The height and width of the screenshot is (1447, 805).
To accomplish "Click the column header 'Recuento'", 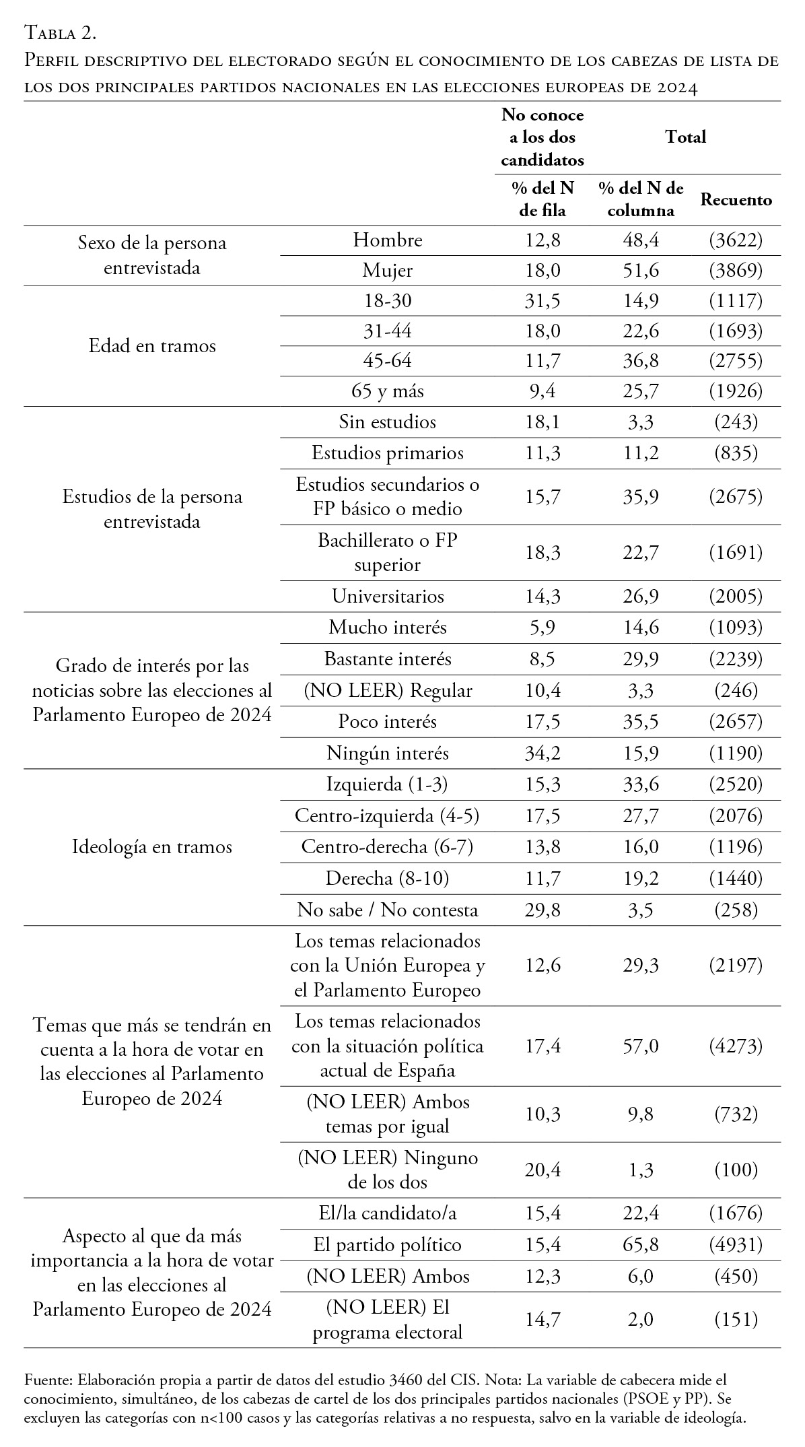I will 736,200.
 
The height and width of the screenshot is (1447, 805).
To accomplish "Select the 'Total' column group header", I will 685,137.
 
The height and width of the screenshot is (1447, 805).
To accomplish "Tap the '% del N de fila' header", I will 542,199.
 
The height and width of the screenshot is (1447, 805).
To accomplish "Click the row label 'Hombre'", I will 388,240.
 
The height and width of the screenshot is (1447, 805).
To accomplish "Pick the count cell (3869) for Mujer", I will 736,271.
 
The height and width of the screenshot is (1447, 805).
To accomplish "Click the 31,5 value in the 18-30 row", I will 542,301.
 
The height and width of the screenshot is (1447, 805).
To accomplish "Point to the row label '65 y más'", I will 388,391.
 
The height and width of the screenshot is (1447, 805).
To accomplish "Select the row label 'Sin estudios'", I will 388,422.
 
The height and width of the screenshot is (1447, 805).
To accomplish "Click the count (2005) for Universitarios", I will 736,597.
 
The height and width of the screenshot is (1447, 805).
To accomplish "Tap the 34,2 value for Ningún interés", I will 542,753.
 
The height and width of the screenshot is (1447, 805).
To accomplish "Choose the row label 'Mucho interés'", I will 388,628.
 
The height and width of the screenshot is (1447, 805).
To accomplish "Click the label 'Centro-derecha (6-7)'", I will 388,846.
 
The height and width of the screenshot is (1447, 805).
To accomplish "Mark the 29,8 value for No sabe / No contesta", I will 542,910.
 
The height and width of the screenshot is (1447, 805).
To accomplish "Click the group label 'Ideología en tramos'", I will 152,847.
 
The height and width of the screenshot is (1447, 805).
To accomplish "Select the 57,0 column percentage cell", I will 641,1046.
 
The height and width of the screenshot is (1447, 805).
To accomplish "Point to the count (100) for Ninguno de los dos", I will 736,1170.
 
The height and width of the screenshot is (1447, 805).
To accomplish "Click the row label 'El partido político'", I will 388,1245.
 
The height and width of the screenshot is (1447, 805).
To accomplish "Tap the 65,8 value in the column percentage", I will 641,1245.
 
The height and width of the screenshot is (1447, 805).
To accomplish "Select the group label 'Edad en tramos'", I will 152,346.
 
